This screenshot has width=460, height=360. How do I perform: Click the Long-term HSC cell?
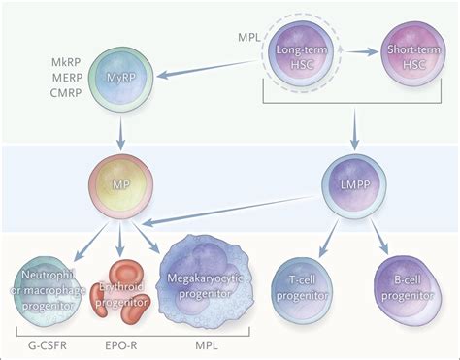click(295, 55)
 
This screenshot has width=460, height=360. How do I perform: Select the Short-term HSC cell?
click(407, 55)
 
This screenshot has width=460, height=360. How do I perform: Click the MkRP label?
click(68, 62)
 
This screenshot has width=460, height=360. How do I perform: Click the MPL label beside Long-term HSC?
click(248, 36)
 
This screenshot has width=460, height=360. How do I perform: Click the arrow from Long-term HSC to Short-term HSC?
click(352, 55)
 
